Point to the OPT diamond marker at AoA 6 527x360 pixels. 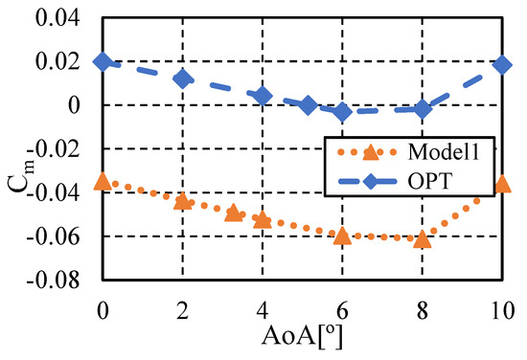(x=342, y=112)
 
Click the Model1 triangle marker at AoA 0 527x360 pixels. (x=103, y=181)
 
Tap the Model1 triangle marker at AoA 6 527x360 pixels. (x=342, y=235)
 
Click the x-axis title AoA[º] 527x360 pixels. (x=302, y=338)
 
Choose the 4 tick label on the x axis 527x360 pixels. (x=263, y=311)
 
